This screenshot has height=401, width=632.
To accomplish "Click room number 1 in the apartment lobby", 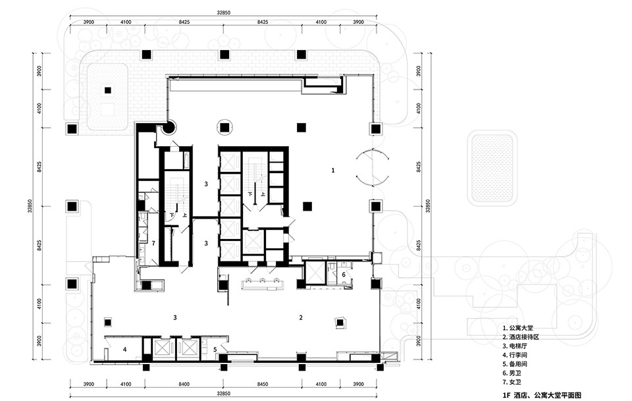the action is pos(333,171).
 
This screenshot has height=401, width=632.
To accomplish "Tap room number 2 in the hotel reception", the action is pos(301,317).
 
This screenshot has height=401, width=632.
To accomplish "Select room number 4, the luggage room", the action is pos(124,350).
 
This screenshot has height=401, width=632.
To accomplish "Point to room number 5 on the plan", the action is pos(215,350).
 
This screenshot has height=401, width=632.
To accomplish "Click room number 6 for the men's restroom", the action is pos(344,275).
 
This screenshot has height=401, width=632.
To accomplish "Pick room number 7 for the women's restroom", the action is pos(153,244).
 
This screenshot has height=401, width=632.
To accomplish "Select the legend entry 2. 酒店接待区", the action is pos(521,337).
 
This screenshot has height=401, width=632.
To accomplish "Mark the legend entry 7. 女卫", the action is pos(512,382).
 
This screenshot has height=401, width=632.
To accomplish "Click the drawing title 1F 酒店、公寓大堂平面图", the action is pos(542,395).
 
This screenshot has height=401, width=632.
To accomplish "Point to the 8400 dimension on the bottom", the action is pos(184,384).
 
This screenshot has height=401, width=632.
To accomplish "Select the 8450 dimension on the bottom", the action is pos(263,384).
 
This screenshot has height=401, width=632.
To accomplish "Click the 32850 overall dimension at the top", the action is pos(223,13).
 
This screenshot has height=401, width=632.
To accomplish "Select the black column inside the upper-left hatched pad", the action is pos(107,90).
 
